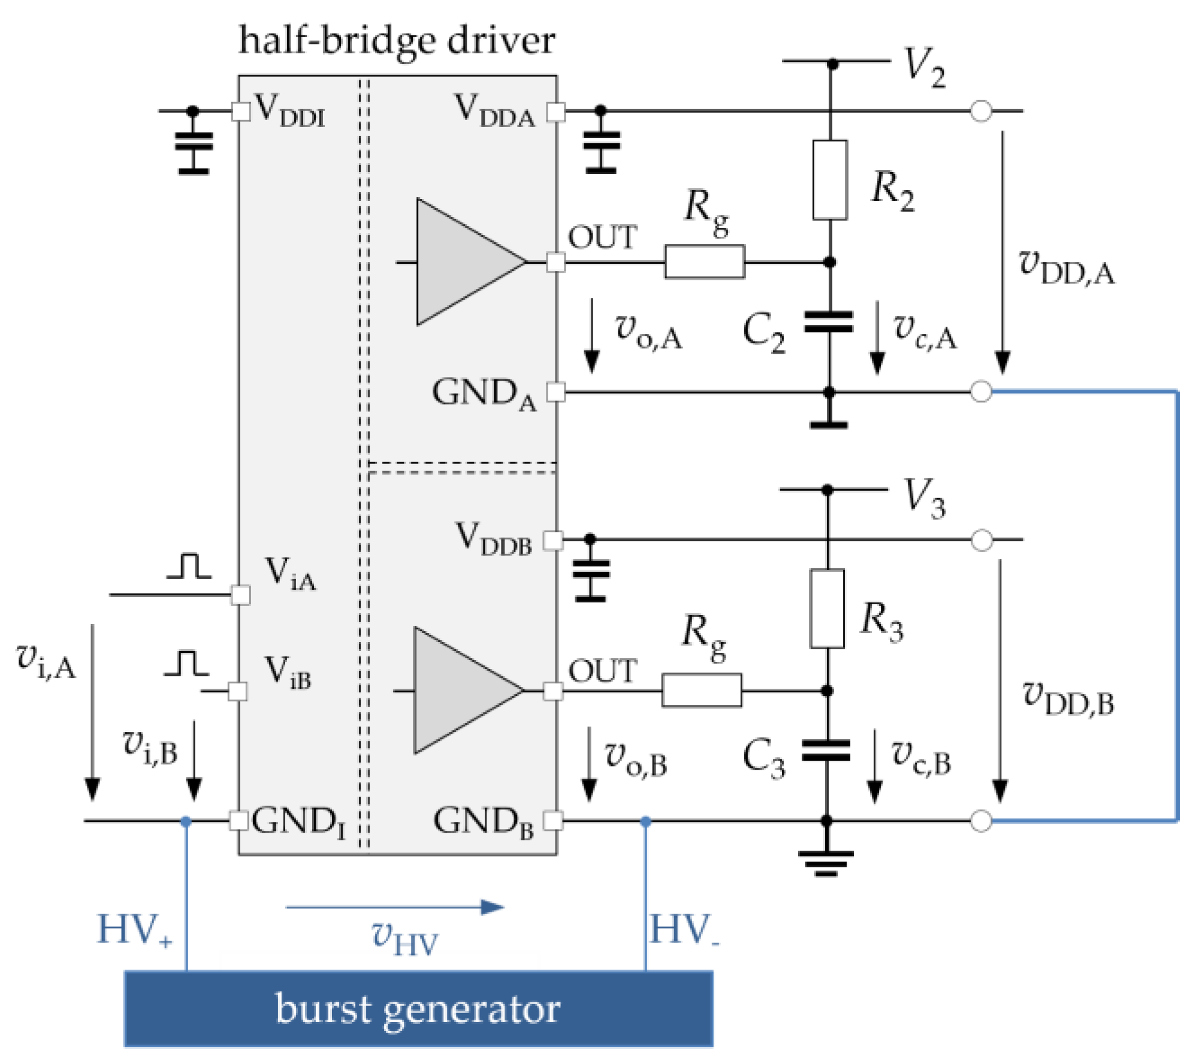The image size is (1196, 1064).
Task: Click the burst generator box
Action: coord(418,1009)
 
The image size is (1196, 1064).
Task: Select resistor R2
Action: coord(830,180)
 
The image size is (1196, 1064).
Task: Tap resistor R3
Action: coord(827,608)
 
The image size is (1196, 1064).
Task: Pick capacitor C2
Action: coord(829,322)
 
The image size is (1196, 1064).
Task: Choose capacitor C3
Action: coord(826,750)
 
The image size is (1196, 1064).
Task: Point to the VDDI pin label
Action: coord(289,111)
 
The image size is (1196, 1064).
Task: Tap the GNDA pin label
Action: coord(484,394)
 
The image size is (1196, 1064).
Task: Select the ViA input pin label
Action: coord(290,574)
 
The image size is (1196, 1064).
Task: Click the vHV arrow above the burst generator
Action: coord(395,908)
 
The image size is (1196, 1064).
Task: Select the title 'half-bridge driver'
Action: coord(397,41)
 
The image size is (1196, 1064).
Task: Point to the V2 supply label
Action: coord(924,68)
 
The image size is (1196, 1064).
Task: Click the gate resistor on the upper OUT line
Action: coord(705,261)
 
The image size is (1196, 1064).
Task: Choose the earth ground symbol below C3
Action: coord(826,864)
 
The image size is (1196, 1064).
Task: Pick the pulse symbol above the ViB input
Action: coord(186,664)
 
